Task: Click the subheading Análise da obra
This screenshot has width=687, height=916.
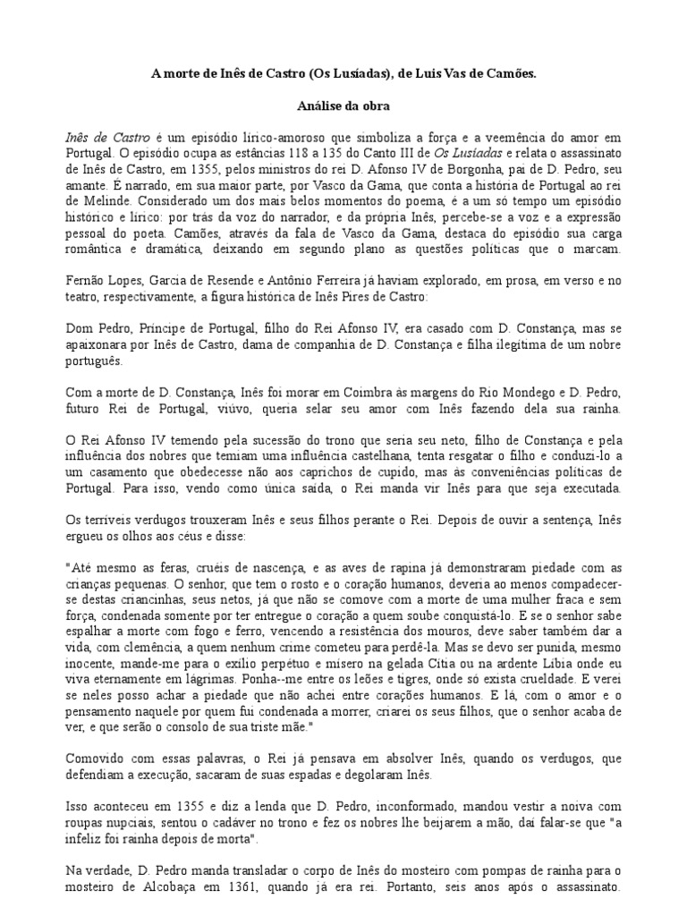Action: [x=343, y=106]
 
